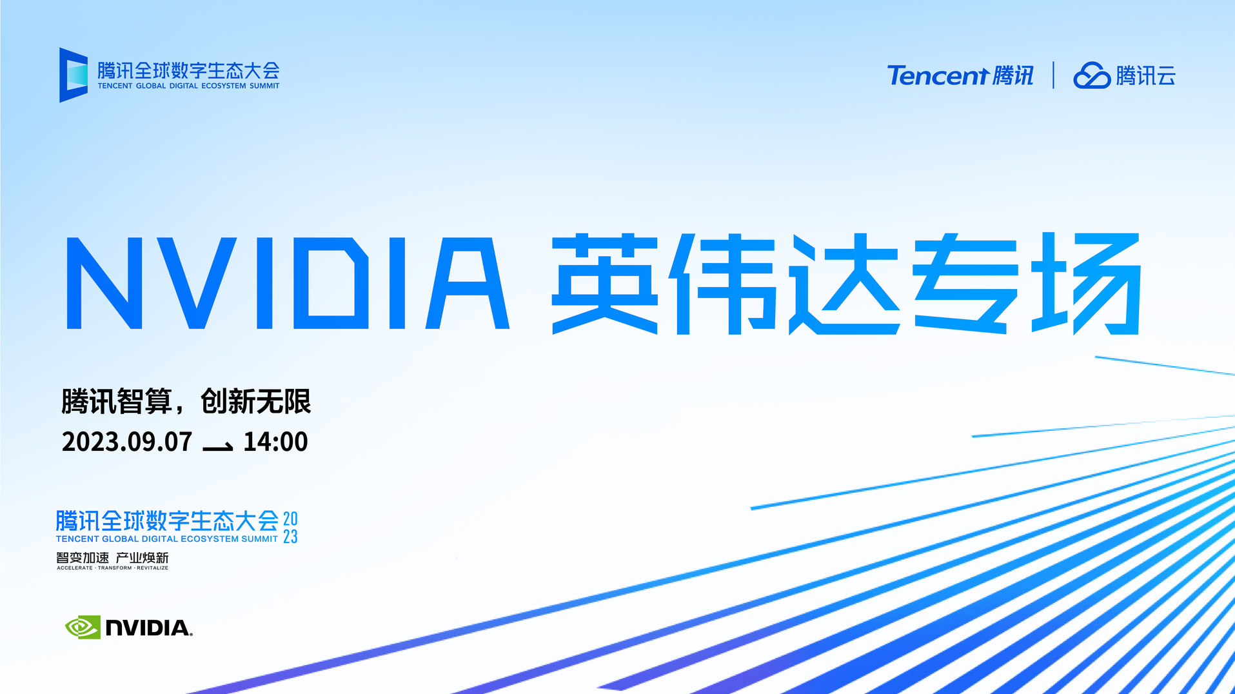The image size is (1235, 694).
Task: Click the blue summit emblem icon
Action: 74,75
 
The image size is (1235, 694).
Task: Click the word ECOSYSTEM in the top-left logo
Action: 224,86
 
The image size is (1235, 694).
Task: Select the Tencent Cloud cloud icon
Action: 1092,75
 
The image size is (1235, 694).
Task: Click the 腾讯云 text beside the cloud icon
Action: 1146,76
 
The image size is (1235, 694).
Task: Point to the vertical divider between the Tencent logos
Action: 1054,75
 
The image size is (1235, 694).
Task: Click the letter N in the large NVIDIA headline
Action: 104,283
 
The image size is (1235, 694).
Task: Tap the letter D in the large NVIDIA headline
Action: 331,283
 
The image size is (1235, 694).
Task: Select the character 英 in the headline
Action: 605,284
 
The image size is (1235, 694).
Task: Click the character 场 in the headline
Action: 1087,284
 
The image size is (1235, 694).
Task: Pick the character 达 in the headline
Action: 845,284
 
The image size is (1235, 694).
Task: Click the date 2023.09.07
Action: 127,442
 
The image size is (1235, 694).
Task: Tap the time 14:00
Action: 275,442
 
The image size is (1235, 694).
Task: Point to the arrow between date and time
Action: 218,446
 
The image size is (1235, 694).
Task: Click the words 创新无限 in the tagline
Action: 256,401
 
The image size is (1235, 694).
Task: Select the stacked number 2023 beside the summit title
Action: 290,528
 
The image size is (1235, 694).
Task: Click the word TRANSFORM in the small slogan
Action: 115,568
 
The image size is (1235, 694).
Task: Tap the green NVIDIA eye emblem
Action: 83,627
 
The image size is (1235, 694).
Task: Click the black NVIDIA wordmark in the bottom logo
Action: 148,628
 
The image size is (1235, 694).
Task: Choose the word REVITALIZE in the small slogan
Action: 152,568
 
